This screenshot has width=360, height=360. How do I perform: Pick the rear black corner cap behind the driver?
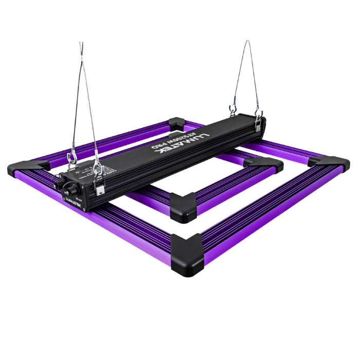(176, 123)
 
